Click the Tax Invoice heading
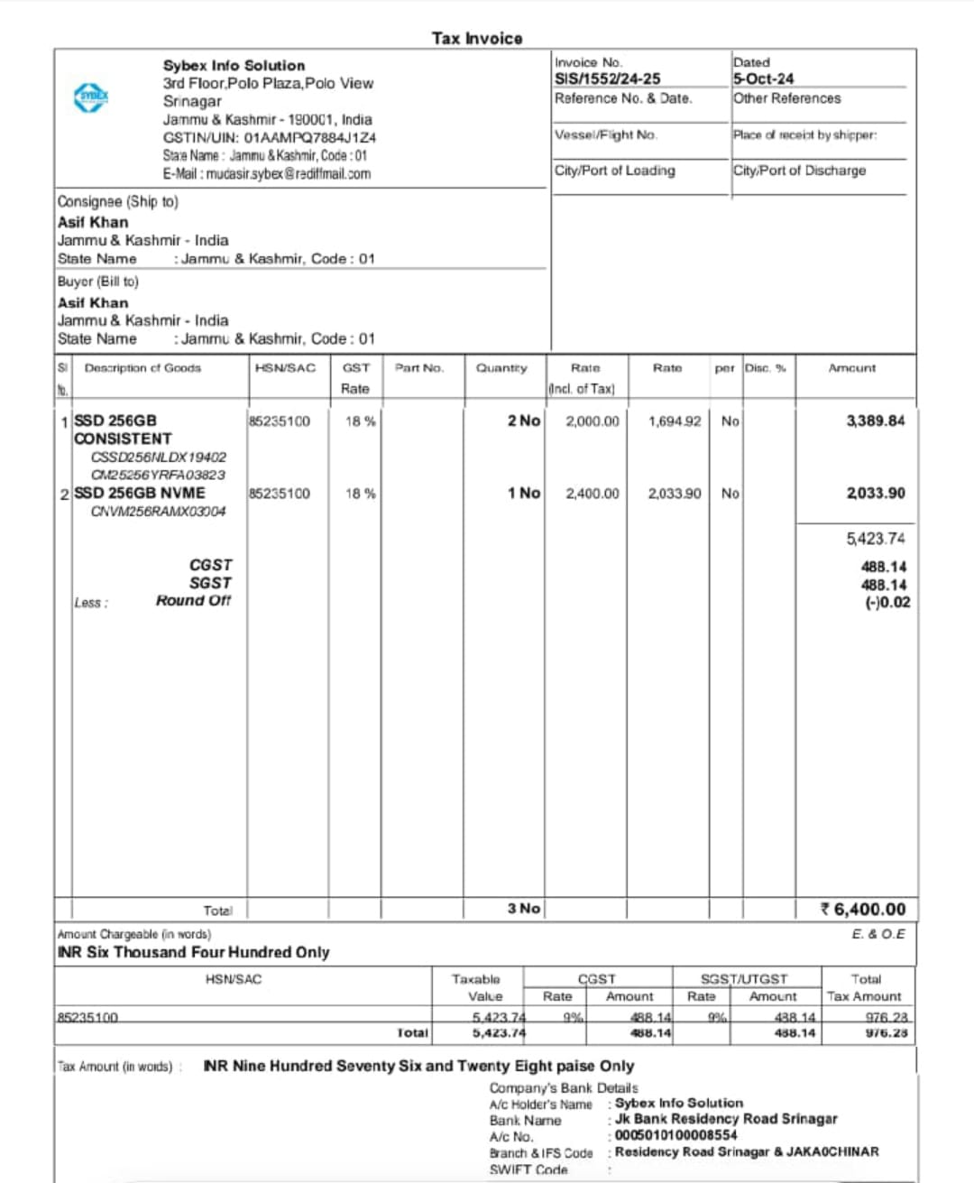pyautogui.click(x=476, y=38)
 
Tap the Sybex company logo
pyautogui.click(x=91, y=97)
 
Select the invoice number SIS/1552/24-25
pyautogui.click(x=607, y=79)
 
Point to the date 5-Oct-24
pyautogui.click(x=763, y=79)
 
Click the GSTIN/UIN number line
pyautogui.click(x=269, y=138)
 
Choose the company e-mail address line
pyautogui.click(x=266, y=174)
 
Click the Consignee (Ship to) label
pyautogui.click(x=117, y=201)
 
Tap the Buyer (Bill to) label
pyautogui.click(x=97, y=282)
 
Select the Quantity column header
pyautogui.click(x=501, y=368)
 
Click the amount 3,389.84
pyautogui.click(x=875, y=421)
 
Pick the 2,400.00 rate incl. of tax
pyautogui.click(x=592, y=494)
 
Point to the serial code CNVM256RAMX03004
pyautogui.click(x=158, y=512)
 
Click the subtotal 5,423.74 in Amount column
pyautogui.click(x=875, y=539)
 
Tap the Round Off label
pyautogui.click(x=193, y=601)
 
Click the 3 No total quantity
pyautogui.click(x=523, y=909)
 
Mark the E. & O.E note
pyautogui.click(x=878, y=934)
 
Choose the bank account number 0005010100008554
pyautogui.click(x=675, y=1135)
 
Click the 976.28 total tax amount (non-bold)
pyautogui.click(x=886, y=1018)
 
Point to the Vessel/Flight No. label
pyautogui.click(x=605, y=134)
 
